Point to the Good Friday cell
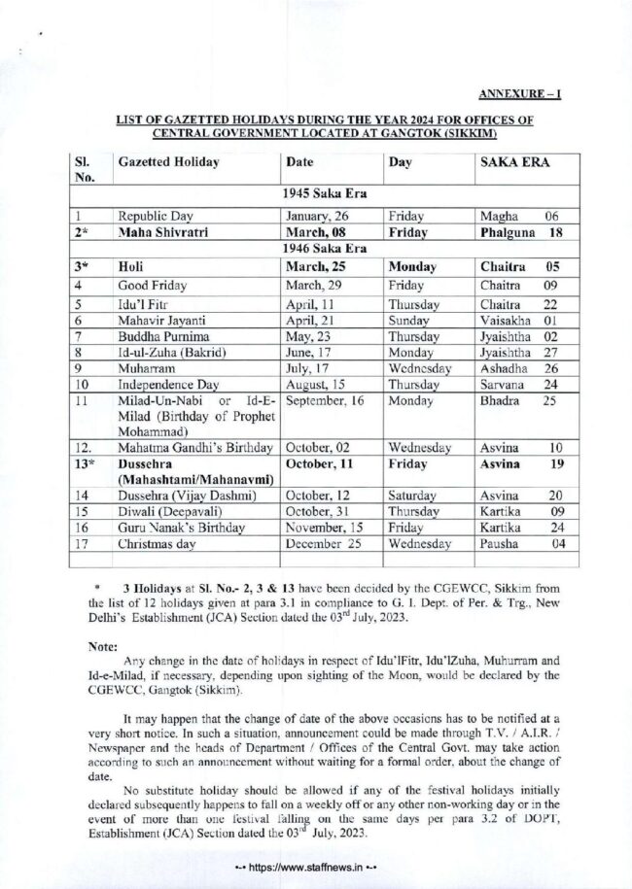(155, 286)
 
